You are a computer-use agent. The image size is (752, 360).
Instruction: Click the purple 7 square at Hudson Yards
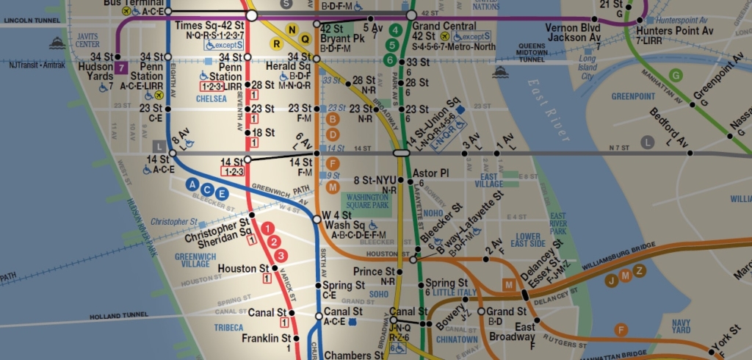pos(120,68)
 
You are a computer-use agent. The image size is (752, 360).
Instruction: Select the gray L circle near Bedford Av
pos(647,142)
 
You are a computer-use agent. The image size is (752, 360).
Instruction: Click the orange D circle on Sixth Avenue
pos(333,134)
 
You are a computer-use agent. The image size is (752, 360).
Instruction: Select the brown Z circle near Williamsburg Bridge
pos(640,271)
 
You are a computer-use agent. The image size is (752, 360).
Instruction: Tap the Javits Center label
pos(87,40)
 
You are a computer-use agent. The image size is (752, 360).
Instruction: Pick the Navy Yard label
pos(681,326)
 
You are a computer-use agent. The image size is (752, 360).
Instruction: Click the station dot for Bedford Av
pos(690,153)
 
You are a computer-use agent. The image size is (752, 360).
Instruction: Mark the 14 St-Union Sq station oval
pos(401,153)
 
